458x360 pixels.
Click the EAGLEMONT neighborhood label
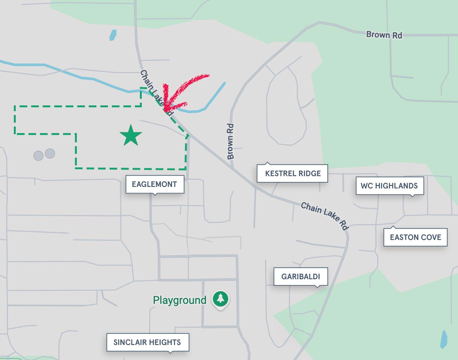(x=154, y=184)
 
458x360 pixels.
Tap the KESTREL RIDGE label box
(x=293, y=173)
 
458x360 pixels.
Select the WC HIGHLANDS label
(x=389, y=186)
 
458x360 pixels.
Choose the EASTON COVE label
(x=415, y=237)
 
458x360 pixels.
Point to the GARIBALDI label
(x=300, y=277)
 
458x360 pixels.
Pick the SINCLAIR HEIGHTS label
(x=147, y=342)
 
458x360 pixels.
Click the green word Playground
(x=179, y=300)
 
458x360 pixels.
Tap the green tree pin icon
(x=221, y=298)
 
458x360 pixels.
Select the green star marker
(x=131, y=135)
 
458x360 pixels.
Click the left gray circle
(x=38, y=155)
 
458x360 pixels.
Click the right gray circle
(x=50, y=153)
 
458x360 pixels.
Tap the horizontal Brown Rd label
(x=384, y=35)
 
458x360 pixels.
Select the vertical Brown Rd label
(x=231, y=141)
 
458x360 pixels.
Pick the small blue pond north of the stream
(x=113, y=35)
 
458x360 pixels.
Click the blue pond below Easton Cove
(x=444, y=339)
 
